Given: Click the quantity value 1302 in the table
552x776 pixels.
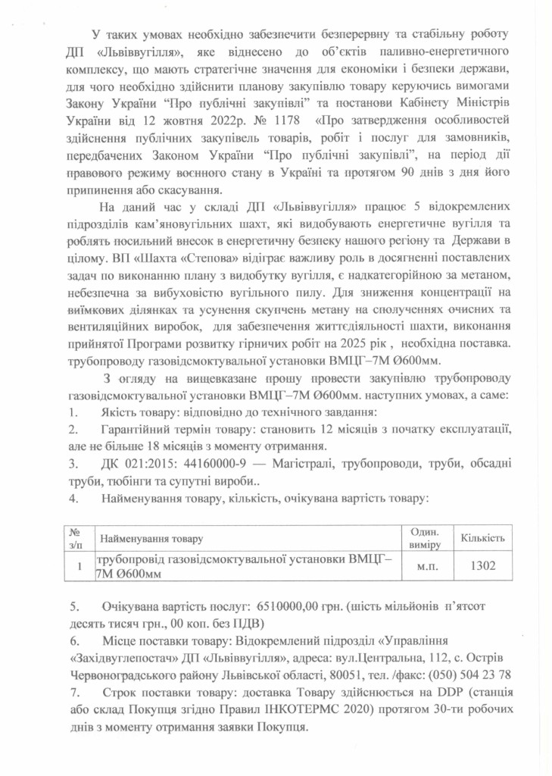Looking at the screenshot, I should click(x=482, y=566).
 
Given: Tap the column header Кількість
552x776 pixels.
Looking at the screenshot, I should click(x=482, y=537).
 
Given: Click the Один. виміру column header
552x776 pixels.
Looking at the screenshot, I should click(x=429, y=537).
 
